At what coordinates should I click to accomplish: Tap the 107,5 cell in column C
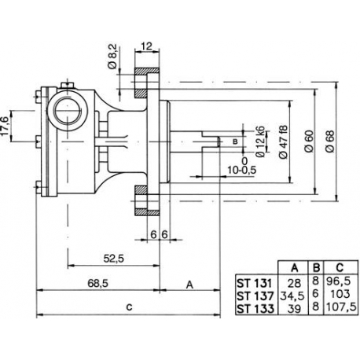(336, 307)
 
